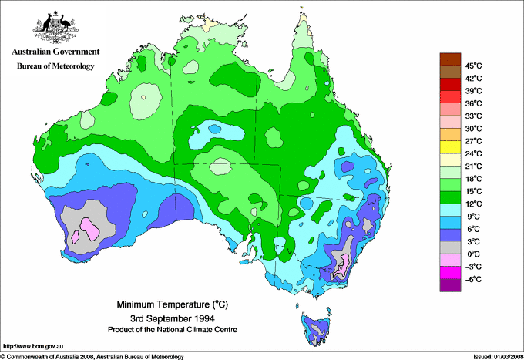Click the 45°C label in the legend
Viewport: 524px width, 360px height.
[x=472, y=66]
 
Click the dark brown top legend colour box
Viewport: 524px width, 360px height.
[x=449, y=59]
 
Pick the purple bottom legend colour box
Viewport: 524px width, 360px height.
[x=449, y=285]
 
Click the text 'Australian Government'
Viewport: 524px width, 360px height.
[x=55, y=52]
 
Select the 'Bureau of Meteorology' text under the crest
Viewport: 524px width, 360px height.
[x=55, y=67]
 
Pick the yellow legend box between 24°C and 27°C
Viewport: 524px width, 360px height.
[x=449, y=147]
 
